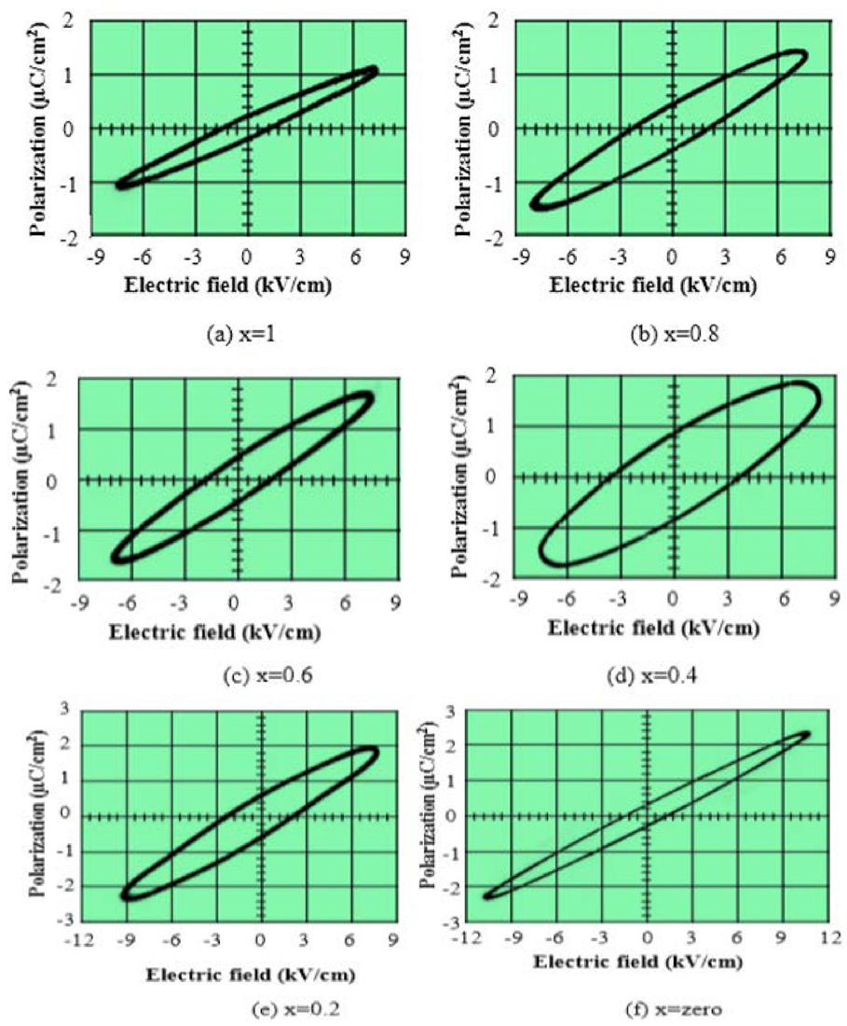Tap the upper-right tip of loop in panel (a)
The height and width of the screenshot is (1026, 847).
click(x=374, y=69)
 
